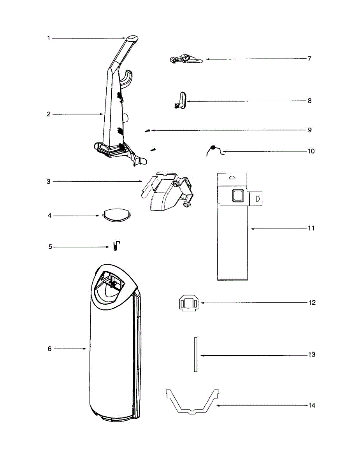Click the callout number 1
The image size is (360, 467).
(x=49, y=38)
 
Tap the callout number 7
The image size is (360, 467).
(x=309, y=59)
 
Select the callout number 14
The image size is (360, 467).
(x=311, y=406)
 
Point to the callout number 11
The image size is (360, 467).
(x=311, y=228)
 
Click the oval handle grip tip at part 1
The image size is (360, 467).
(x=132, y=39)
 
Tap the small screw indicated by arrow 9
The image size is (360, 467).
(x=147, y=131)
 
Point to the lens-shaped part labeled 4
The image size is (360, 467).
(x=116, y=215)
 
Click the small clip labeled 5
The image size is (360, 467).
(x=116, y=246)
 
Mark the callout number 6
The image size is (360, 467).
(x=49, y=349)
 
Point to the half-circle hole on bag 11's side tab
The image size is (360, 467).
(x=257, y=198)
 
